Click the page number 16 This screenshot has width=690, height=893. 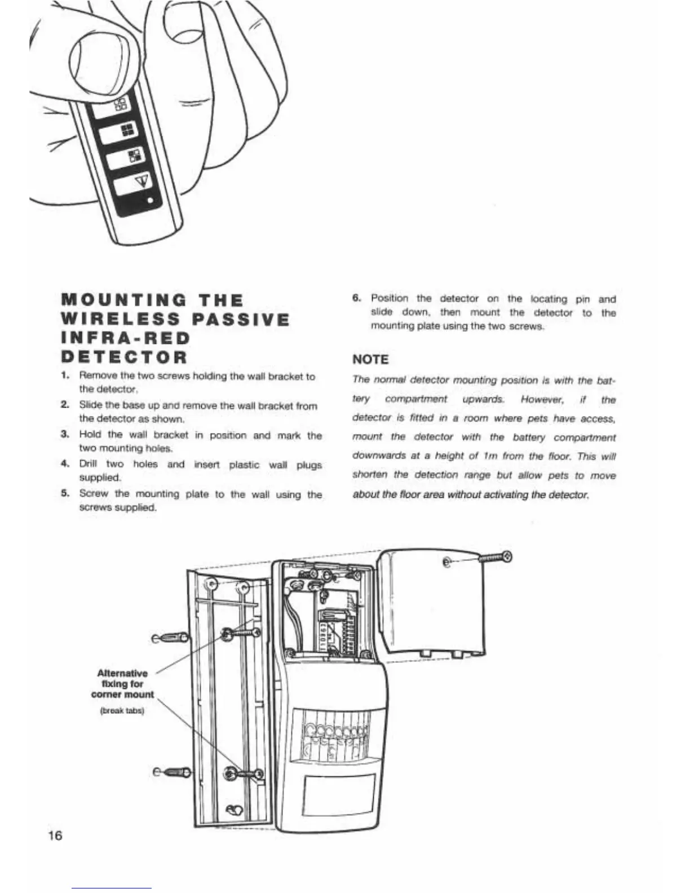(55, 835)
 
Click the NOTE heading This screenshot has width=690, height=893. (370, 359)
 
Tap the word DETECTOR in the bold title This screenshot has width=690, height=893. (124, 357)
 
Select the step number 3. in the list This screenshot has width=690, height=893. (65, 435)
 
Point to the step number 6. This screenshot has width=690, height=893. (356, 299)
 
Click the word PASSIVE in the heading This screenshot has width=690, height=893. (241, 320)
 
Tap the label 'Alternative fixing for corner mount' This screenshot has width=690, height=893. (122, 683)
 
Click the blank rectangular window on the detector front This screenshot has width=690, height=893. (339, 794)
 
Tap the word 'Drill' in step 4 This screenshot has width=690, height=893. (89, 465)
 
